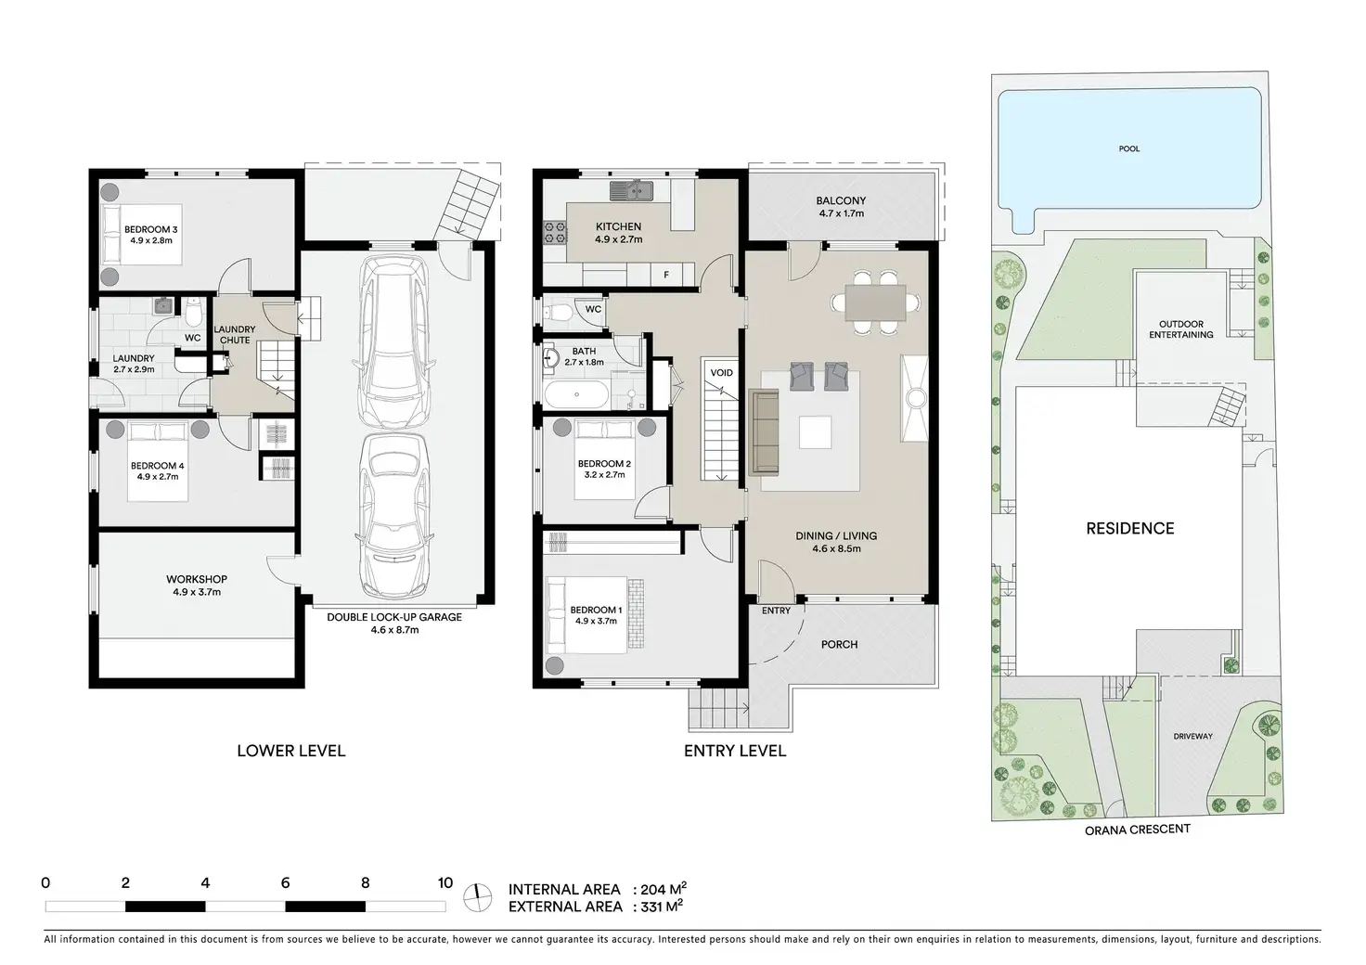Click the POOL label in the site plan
pyautogui.click(x=1128, y=148)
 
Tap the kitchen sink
pyautogui.click(x=631, y=191)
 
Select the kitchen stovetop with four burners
pyautogui.click(x=555, y=232)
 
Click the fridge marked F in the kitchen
pyautogui.click(x=666, y=275)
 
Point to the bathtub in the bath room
pyautogui.click(x=576, y=394)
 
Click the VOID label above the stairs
pyautogui.click(x=721, y=373)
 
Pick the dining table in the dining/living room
pyautogui.click(x=875, y=302)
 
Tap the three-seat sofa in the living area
pyautogui.click(x=765, y=431)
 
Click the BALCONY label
pyautogui.click(x=841, y=200)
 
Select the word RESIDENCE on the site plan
pyautogui.click(x=1130, y=529)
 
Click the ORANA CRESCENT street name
pyautogui.click(x=1138, y=829)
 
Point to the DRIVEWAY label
pyautogui.click(x=1192, y=737)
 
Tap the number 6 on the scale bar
pyautogui.click(x=285, y=882)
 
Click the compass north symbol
pyautogui.click(x=478, y=898)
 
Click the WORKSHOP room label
pyautogui.click(x=197, y=579)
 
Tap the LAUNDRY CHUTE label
pyautogui.click(x=235, y=335)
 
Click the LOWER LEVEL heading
pyautogui.click(x=290, y=751)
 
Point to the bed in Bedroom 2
pyautogui.click(x=604, y=459)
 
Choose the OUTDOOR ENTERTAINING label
pyautogui.click(x=1181, y=329)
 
